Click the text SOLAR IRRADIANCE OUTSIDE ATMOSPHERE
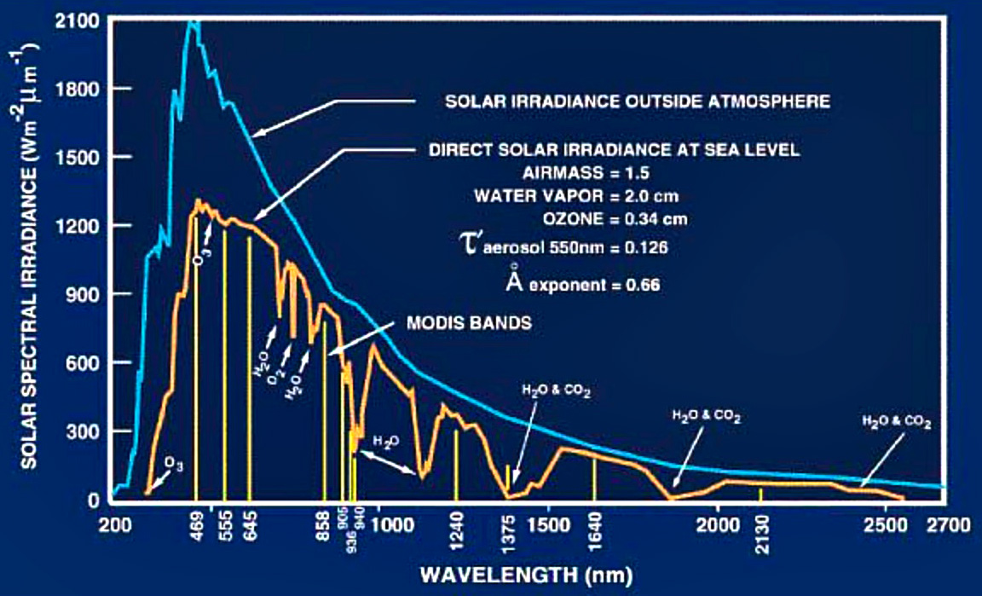click(638, 101)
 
